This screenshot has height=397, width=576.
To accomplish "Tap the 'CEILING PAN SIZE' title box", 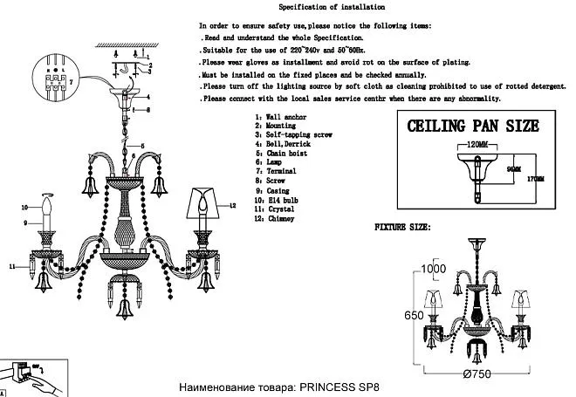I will click(x=472, y=126).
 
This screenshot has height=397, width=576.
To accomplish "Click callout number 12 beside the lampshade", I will click(x=233, y=206).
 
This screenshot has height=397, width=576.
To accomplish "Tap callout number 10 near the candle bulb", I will click(x=25, y=208).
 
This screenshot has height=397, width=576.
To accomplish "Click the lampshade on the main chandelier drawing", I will click(x=204, y=206).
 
